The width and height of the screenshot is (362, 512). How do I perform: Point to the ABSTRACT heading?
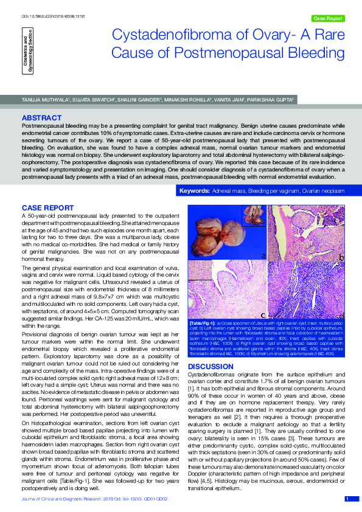click(x=41, y=117)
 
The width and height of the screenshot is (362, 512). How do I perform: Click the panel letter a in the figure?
click(x=263, y=256)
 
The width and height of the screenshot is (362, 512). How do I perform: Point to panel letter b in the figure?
click(x=342, y=258)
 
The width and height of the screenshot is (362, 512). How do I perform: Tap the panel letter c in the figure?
click(x=263, y=314)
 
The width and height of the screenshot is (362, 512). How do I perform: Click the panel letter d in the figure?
click(x=342, y=314)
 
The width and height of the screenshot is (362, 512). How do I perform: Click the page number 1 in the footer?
click(x=347, y=499)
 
